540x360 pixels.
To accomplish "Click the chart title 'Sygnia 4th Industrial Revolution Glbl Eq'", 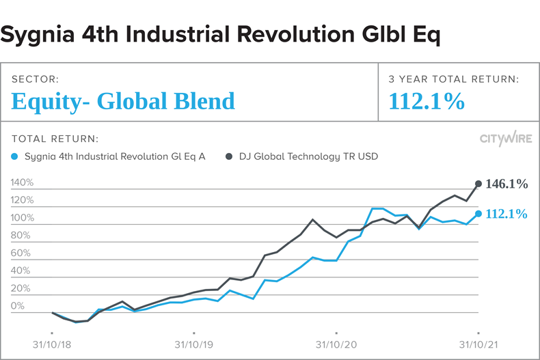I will coord(221,33).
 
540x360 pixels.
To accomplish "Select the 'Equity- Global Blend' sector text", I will coord(123,101).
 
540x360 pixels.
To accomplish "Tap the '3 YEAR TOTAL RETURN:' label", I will coord(453,80).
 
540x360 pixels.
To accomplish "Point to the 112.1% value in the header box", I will coord(427,101).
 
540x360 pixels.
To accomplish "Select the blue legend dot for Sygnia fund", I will coord(16,156).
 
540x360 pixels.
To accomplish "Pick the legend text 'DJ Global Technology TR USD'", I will coord(308,156).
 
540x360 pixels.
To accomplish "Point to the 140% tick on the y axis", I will coord(23,183).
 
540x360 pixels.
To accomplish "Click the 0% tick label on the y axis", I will coord(18,306).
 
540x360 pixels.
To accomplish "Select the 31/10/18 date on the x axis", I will coord(52,345).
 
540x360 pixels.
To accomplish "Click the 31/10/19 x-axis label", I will coord(194,345).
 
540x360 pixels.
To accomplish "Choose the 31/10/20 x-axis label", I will coord(336,345).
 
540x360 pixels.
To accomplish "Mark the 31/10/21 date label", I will coord(478,345).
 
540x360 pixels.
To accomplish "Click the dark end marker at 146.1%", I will coord(478,184).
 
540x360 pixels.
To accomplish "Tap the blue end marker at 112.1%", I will coord(478,214).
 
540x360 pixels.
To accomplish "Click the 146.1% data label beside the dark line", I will coord(507,184).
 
